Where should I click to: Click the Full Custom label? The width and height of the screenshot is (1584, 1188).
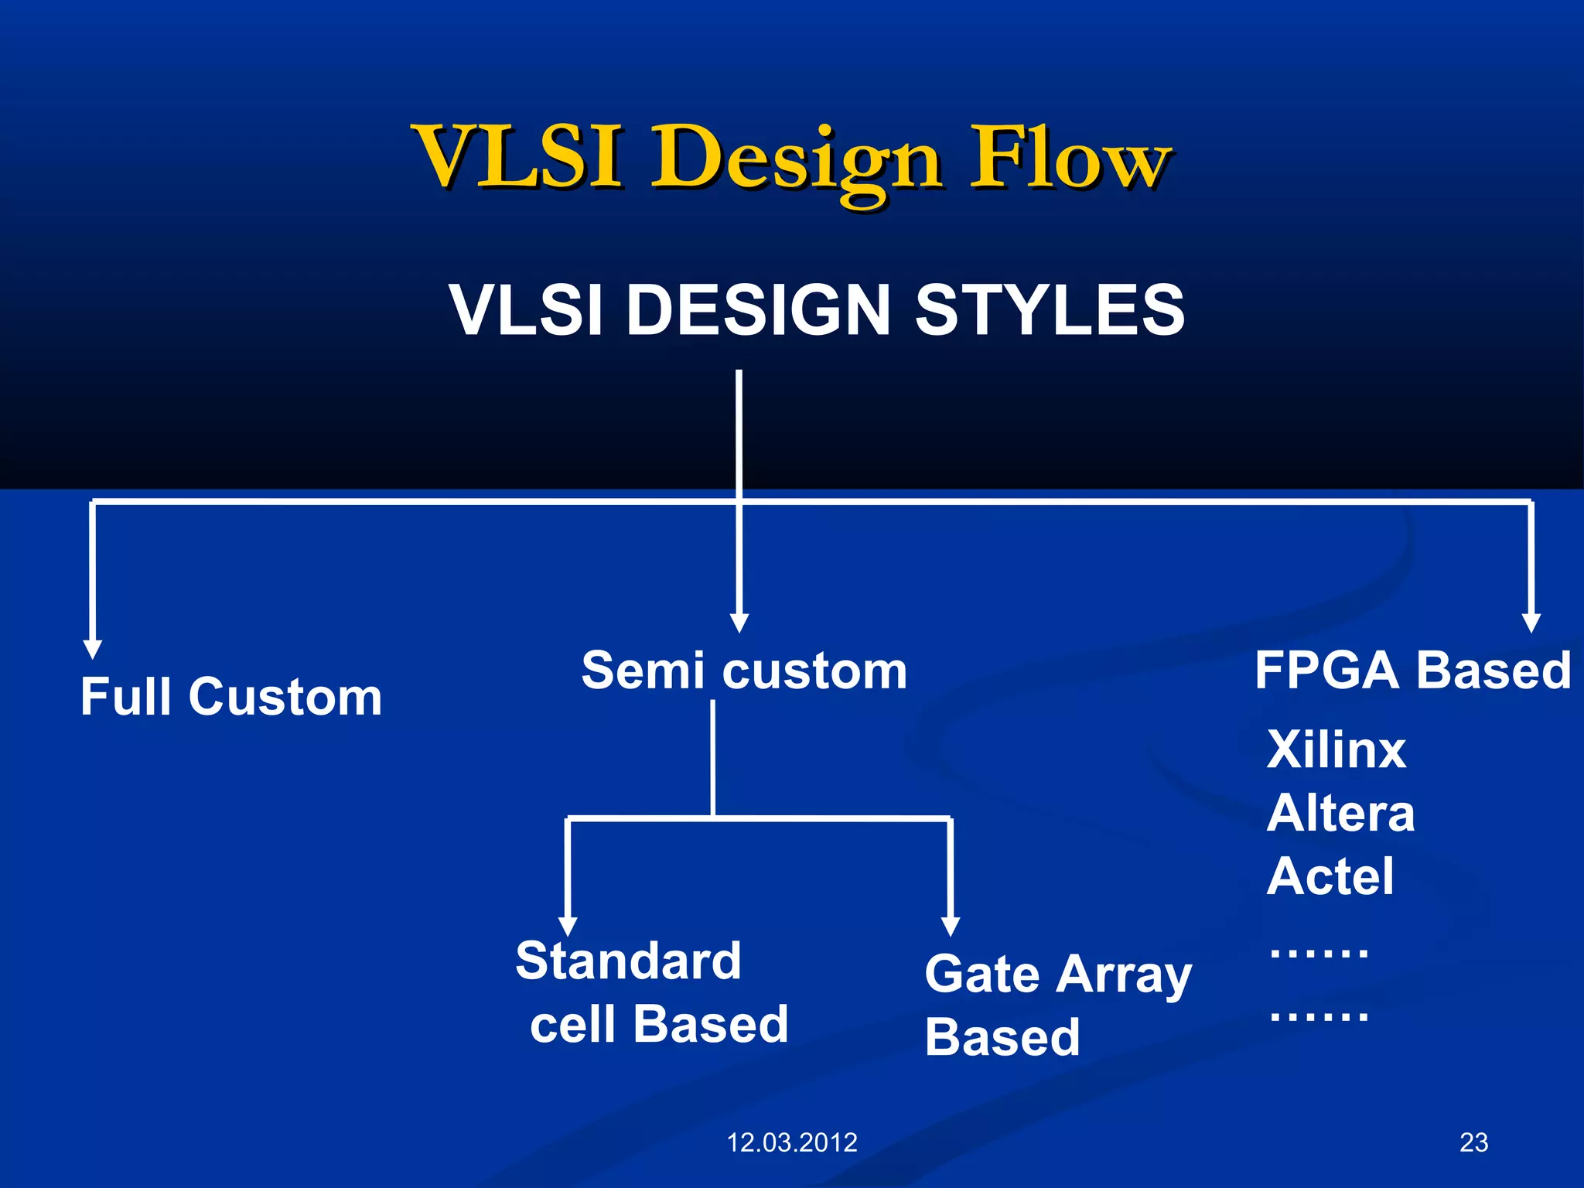point(231,697)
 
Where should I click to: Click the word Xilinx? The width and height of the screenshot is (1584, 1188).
point(1336,749)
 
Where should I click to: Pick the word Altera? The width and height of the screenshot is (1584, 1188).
point(1340,813)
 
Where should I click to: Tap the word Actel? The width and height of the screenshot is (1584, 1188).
point(1330,876)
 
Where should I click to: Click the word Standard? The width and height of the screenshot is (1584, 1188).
point(628,961)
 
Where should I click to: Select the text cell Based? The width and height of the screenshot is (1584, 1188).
point(659,1024)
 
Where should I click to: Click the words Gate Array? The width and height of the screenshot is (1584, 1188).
point(1057,975)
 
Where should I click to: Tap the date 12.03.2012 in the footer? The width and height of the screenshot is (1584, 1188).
point(792,1142)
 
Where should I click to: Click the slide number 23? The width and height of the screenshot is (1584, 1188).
point(1473,1142)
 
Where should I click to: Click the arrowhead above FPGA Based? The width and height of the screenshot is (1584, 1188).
point(1531,623)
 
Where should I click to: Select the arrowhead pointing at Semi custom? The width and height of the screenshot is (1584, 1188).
point(739,623)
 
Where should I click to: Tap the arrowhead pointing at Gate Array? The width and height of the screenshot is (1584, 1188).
point(951,926)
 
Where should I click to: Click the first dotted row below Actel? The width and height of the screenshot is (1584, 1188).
point(1319,952)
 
